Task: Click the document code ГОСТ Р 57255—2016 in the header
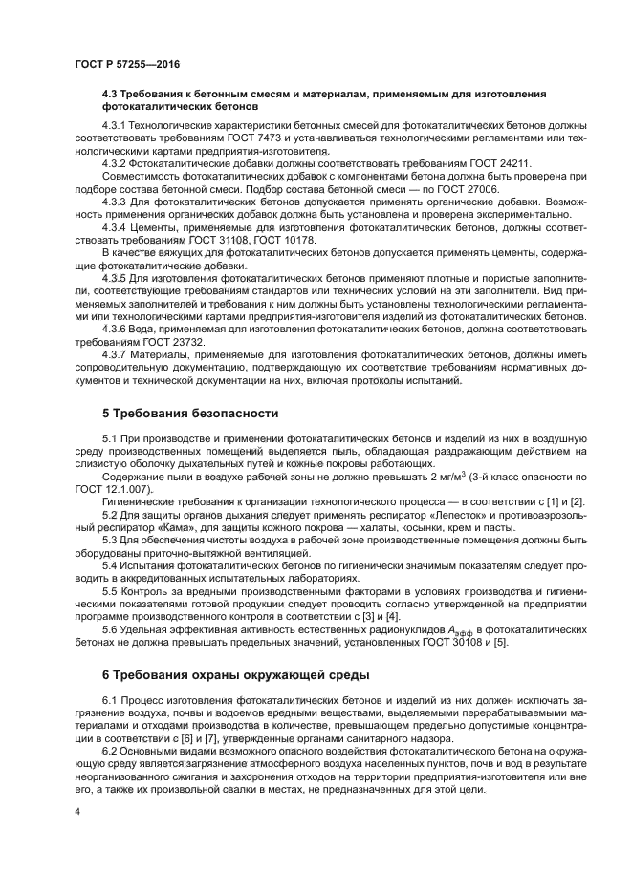pyautogui.click(x=126, y=64)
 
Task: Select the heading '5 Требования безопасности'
pyautogui.click(x=190, y=414)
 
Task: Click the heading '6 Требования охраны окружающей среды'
pyautogui.click(x=235, y=675)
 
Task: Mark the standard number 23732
pyautogui.click(x=185, y=340)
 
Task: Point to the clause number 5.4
pyautogui.click(x=110, y=564)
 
